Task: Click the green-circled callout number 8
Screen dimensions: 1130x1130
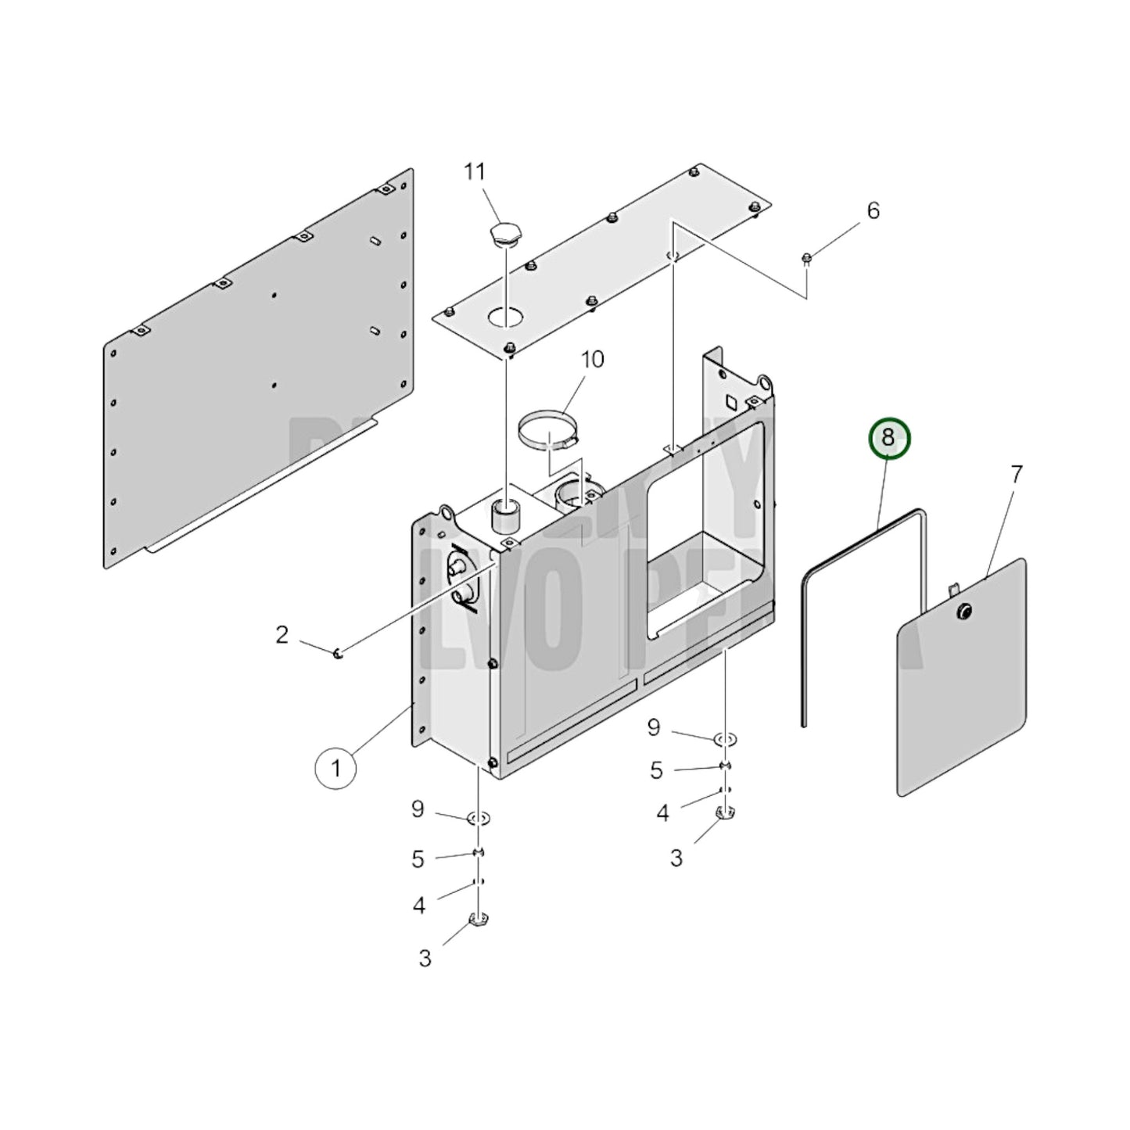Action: tap(888, 439)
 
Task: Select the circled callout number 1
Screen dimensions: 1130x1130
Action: tap(335, 769)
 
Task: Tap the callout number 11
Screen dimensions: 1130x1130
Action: tap(475, 171)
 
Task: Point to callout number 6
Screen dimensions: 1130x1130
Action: tap(873, 210)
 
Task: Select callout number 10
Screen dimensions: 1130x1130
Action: tap(592, 360)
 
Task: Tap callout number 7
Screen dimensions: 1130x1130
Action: tap(1016, 474)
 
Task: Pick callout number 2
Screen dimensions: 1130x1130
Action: tap(282, 634)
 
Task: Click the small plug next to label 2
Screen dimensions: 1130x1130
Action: tap(338, 654)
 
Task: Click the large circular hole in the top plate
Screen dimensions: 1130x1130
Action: tap(506, 317)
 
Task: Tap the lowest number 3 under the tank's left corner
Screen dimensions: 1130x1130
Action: tap(425, 958)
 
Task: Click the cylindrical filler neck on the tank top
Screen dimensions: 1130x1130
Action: tap(507, 516)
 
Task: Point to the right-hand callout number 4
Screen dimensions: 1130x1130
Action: tap(662, 813)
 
